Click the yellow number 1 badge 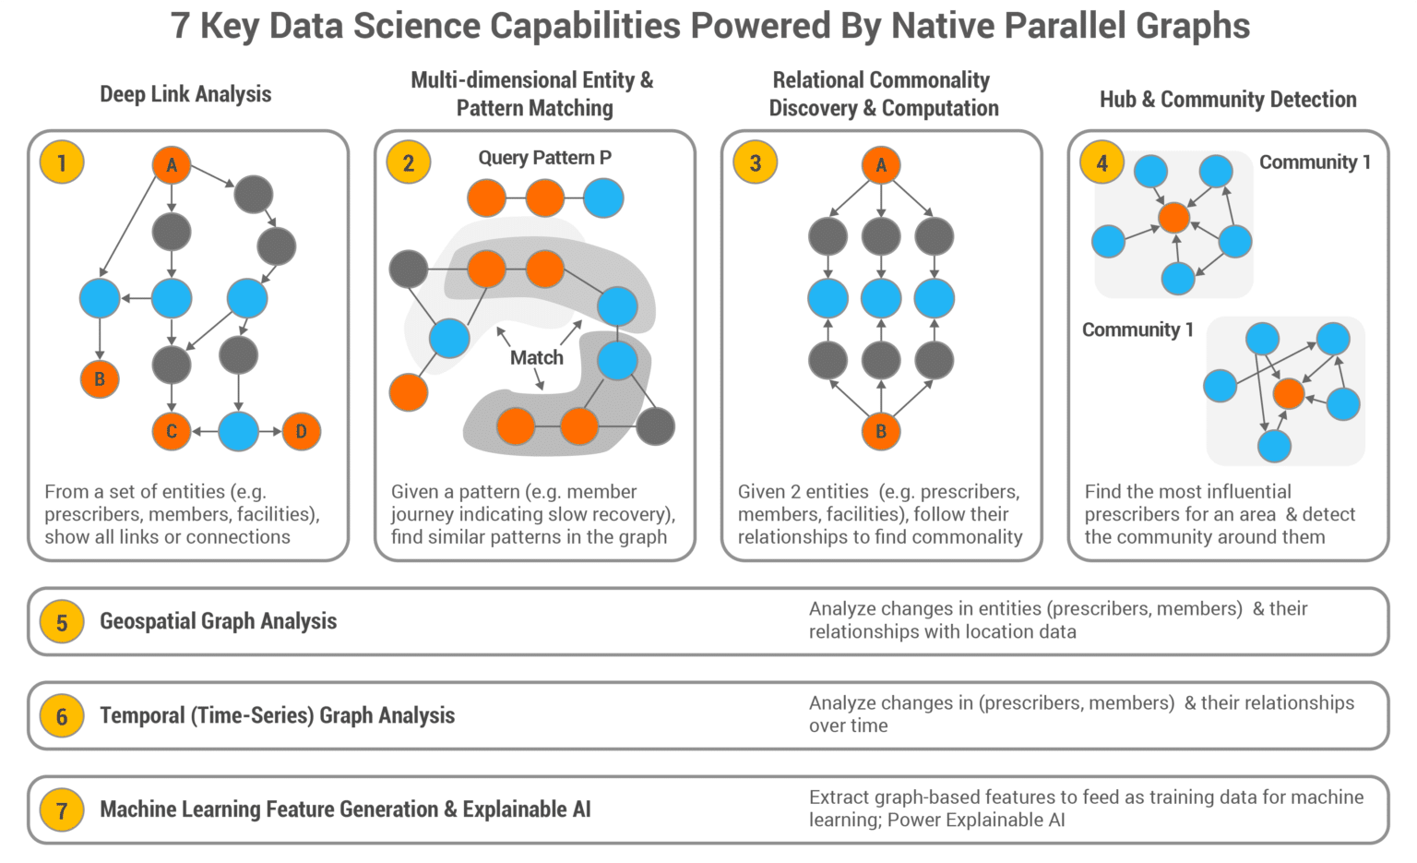tap(62, 163)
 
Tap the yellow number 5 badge tap(62, 622)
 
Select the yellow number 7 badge tap(62, 810)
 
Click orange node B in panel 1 tap(100, 378)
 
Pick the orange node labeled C tap(172, 431)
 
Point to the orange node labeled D tap(301, 431)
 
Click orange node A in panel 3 tap(881, 165)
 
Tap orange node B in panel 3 tap(881, 431)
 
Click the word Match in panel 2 tap(536, 357)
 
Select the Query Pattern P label tap(544, 158)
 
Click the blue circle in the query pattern tap(603, 198)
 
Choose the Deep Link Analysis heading tap(185, 94)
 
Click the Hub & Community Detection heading tap(1228, 100)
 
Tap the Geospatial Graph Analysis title tap(218, 621)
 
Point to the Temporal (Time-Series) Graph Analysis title tap(277, 715)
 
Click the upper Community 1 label tap(1315, 162)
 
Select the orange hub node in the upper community tap(1173, 218)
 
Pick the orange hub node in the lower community tap(1288, 393)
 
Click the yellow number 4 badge tap(1101, 163)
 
